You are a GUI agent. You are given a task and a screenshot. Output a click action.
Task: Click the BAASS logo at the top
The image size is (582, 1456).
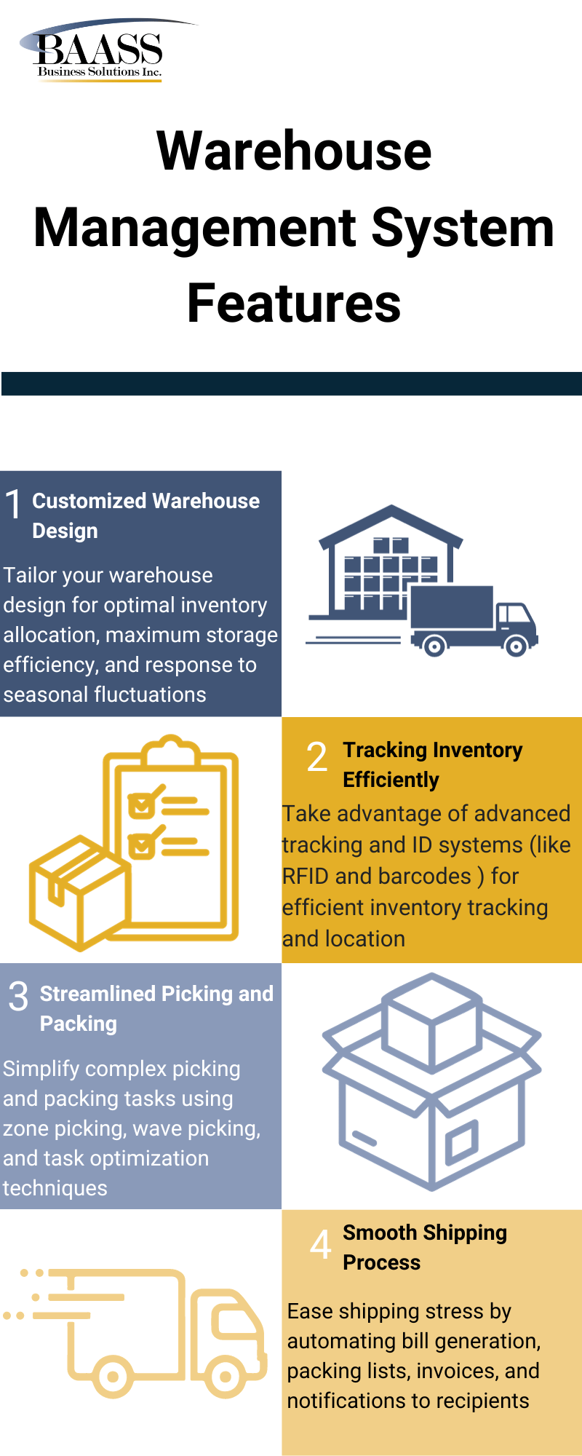point(98,51)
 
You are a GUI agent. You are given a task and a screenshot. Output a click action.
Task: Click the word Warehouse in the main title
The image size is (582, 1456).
point(294,151)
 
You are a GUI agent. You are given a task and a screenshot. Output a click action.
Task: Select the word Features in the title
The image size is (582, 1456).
point(294,304)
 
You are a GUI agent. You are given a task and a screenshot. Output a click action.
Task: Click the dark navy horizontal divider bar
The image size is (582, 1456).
point(291,384)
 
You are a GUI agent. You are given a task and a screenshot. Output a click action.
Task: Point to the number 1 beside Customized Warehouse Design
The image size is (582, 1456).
point(13,504)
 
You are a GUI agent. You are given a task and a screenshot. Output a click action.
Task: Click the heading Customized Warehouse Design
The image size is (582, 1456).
point(145,515)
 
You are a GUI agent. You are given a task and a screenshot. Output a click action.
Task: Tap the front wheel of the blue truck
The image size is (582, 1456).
point(516,645)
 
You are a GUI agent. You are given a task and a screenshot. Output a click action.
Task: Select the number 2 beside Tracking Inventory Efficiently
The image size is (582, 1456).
point(317,757)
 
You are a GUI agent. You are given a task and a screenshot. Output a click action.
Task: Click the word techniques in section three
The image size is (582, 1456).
point(55,1188)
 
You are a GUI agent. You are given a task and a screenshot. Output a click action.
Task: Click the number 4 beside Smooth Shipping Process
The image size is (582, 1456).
point(320,1244)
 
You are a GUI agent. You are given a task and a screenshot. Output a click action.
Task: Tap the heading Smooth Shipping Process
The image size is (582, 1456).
point(424,1246)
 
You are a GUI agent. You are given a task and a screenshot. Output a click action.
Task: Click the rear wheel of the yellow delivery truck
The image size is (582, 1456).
point(113,1376)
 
